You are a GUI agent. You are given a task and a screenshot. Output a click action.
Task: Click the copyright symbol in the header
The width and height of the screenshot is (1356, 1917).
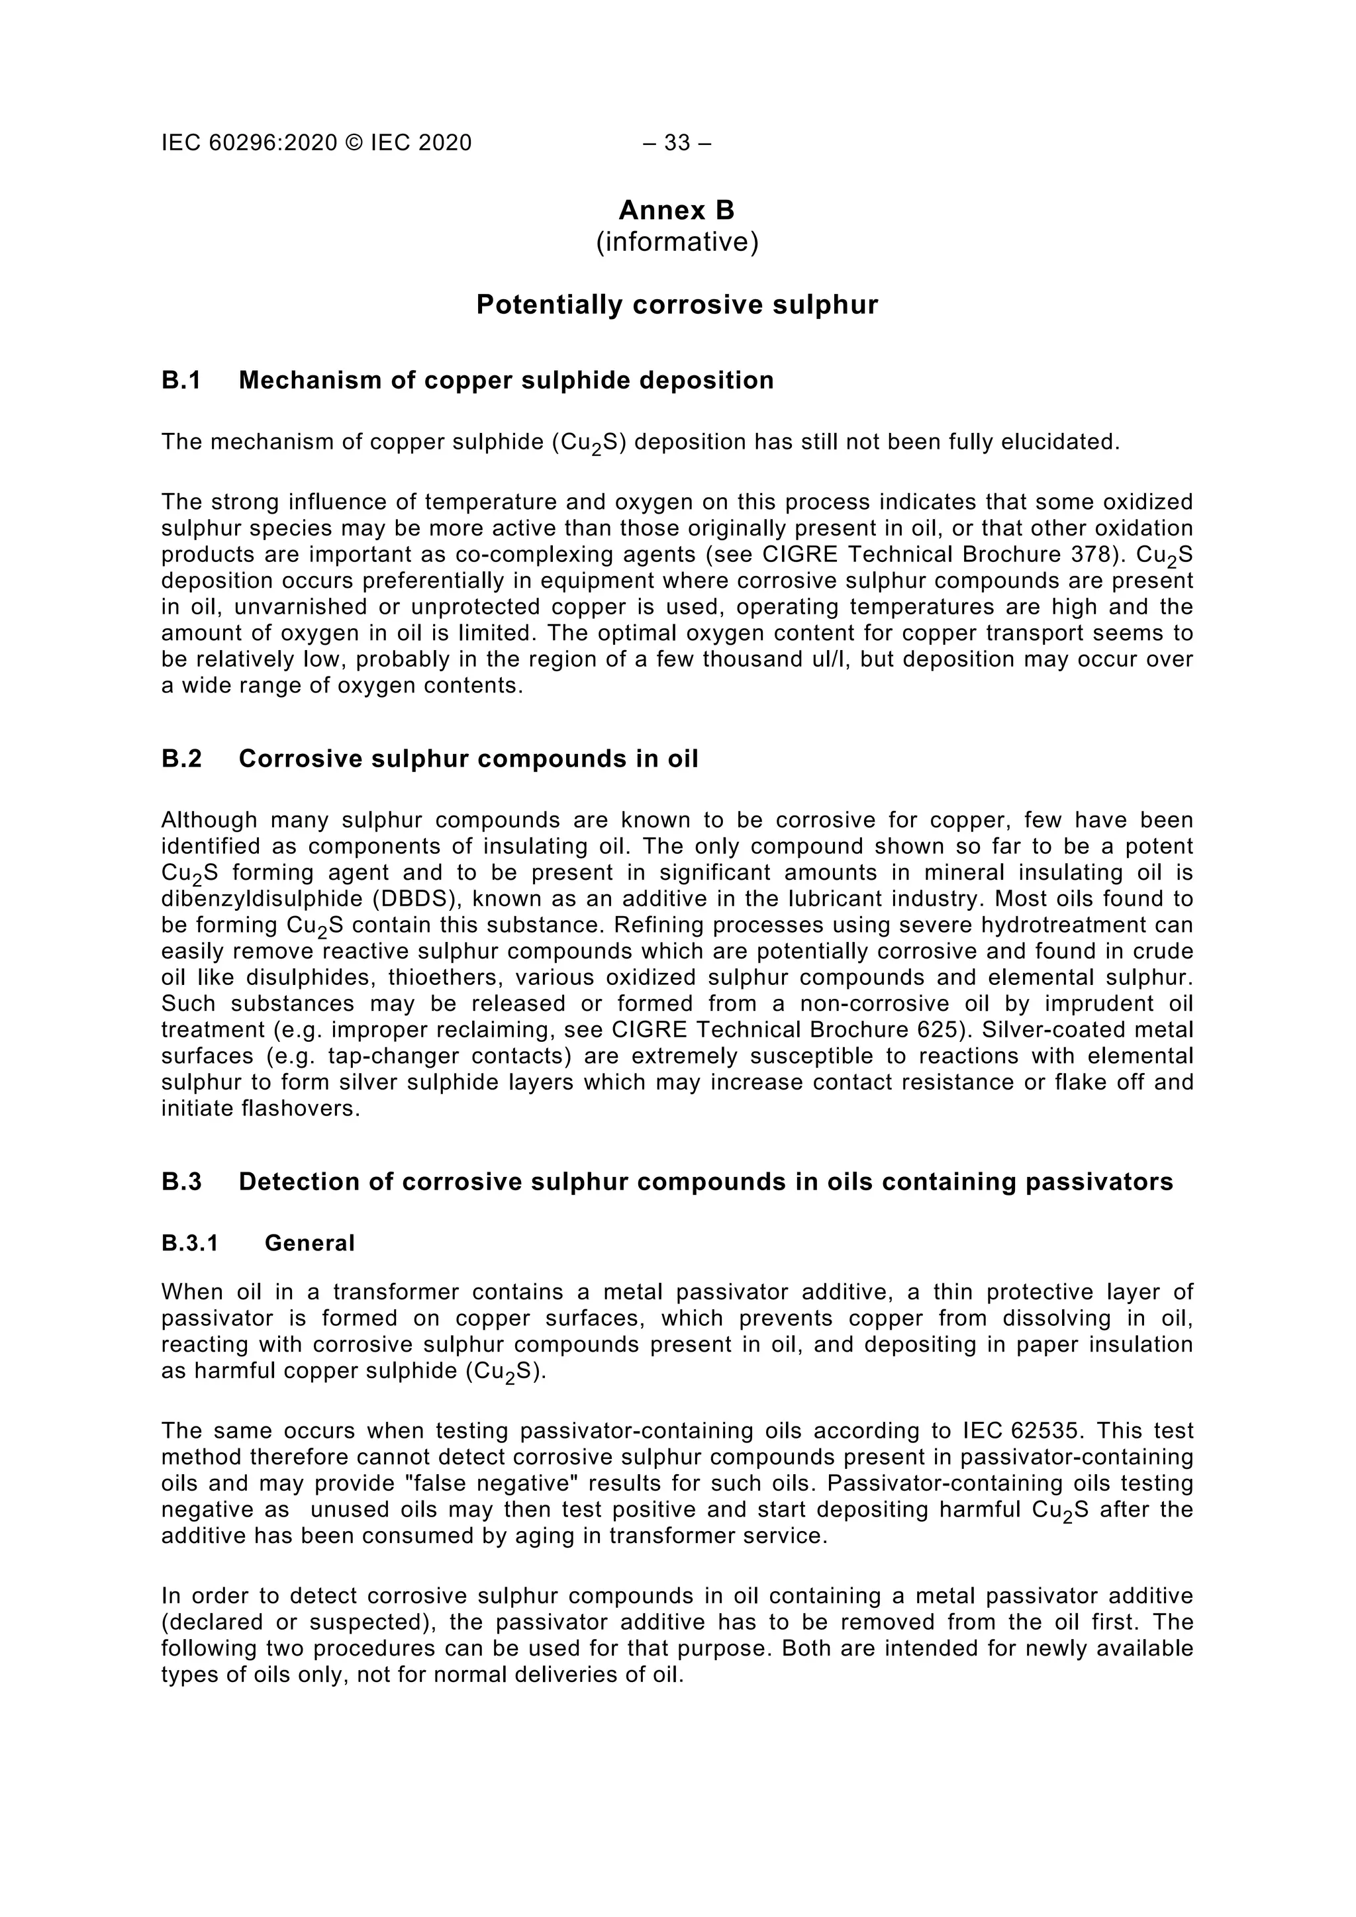354,144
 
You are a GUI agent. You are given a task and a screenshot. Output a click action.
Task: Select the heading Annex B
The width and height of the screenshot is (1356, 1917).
676,210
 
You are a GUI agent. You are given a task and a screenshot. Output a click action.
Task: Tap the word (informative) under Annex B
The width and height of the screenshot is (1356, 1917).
676,243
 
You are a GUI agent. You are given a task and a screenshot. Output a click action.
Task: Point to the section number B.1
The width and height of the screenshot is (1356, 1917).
182,381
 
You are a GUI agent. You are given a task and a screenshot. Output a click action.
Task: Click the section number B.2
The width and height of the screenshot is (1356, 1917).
182,759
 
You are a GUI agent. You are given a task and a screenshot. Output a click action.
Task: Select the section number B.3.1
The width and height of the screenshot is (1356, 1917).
189,1244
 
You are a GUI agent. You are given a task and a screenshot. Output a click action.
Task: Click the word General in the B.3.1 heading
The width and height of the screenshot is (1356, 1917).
310,1244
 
